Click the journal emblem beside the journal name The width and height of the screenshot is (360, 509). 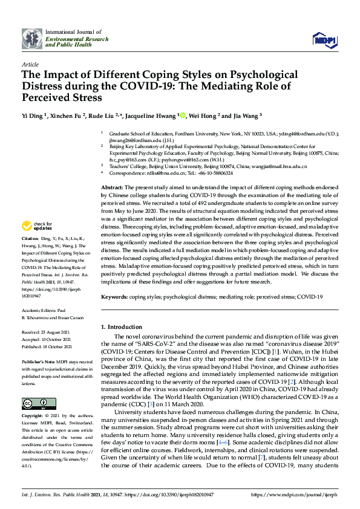click(x=31, y=38)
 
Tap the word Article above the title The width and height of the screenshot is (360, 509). click(x=30, y=63)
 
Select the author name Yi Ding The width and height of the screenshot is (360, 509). click(x=34, y=115)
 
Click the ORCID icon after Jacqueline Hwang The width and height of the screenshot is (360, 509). click(x=182, y=115)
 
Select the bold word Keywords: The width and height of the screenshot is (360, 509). click(x=114, y=297)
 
